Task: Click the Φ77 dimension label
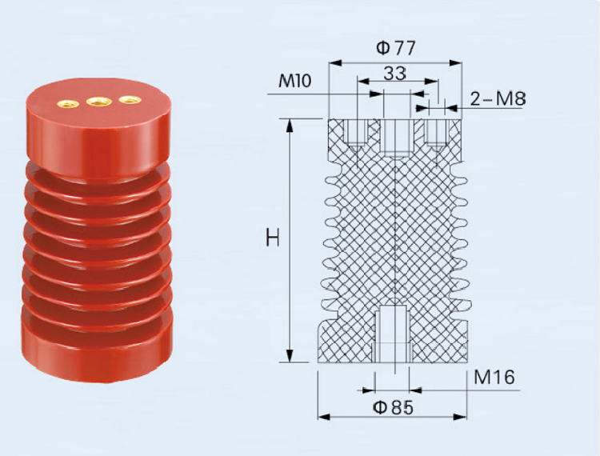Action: coord(396,48)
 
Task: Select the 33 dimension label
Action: coord(394,73)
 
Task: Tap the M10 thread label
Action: coord(294,81)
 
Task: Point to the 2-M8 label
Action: coord(498,98)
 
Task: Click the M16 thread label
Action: coord(494,377)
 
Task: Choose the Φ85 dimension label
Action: coord(394,408)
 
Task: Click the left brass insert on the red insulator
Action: coord(68,103)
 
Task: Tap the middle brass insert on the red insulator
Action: coord(98,102)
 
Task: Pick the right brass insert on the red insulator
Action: coord(130,100)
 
